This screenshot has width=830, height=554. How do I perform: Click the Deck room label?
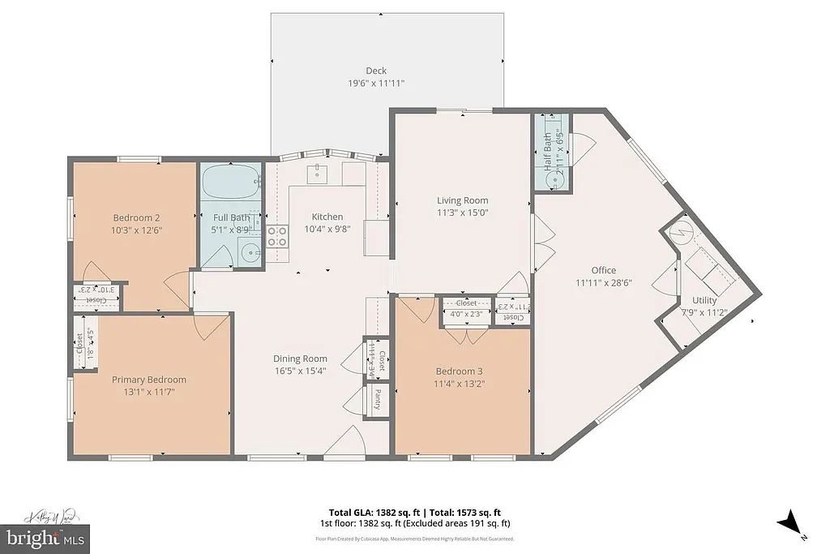click(375, 71)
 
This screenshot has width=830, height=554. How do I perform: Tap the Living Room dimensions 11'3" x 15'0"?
click(463, 213)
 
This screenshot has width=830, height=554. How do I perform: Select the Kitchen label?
click(327, 217)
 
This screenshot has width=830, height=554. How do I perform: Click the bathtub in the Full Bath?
click(231, 183)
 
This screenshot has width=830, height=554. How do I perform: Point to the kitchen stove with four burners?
click(277, 235)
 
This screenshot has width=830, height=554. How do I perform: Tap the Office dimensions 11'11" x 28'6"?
click(603, 283)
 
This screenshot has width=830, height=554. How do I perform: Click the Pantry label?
click(377, 399)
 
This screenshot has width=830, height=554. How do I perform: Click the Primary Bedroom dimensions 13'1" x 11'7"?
click(148, 392)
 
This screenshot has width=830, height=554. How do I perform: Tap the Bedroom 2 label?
click(135, 217)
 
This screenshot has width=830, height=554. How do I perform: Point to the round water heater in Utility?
click(682, 234)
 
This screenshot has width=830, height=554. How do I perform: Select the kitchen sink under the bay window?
click(316, 173)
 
